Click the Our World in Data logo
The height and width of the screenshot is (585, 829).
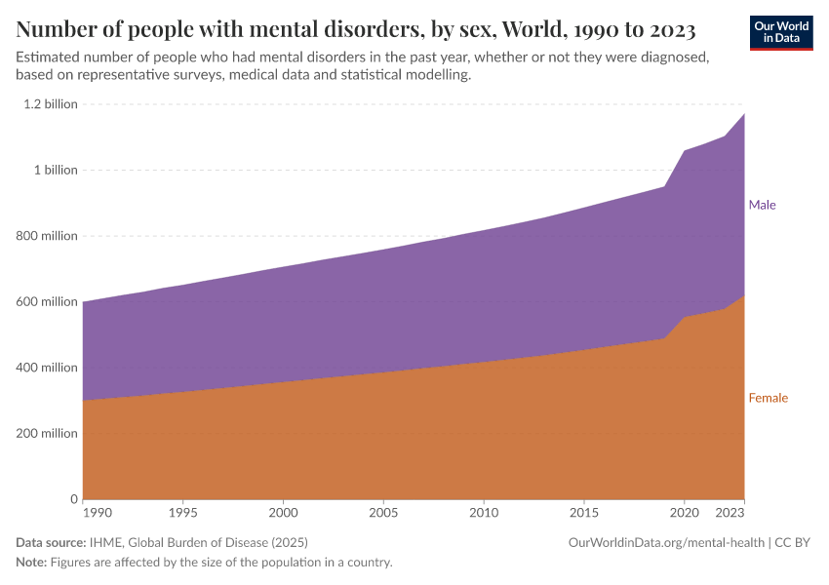[x=780, y=32]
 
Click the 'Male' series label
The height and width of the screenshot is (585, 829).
[x=762, y=206]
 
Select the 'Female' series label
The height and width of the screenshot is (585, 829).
[x=768, y=398]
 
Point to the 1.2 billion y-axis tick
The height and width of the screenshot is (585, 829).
[x=46, y=104]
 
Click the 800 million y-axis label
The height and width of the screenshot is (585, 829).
[x=46, y=236]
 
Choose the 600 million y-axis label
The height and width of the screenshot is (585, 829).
[x=46, y=301]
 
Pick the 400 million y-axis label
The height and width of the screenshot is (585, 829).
[x=46, y=368]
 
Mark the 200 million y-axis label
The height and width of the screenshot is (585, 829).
[x=46, y=433]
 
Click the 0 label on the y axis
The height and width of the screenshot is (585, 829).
[x=73, y=499]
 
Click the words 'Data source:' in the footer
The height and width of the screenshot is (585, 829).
[x=48, y=542]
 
